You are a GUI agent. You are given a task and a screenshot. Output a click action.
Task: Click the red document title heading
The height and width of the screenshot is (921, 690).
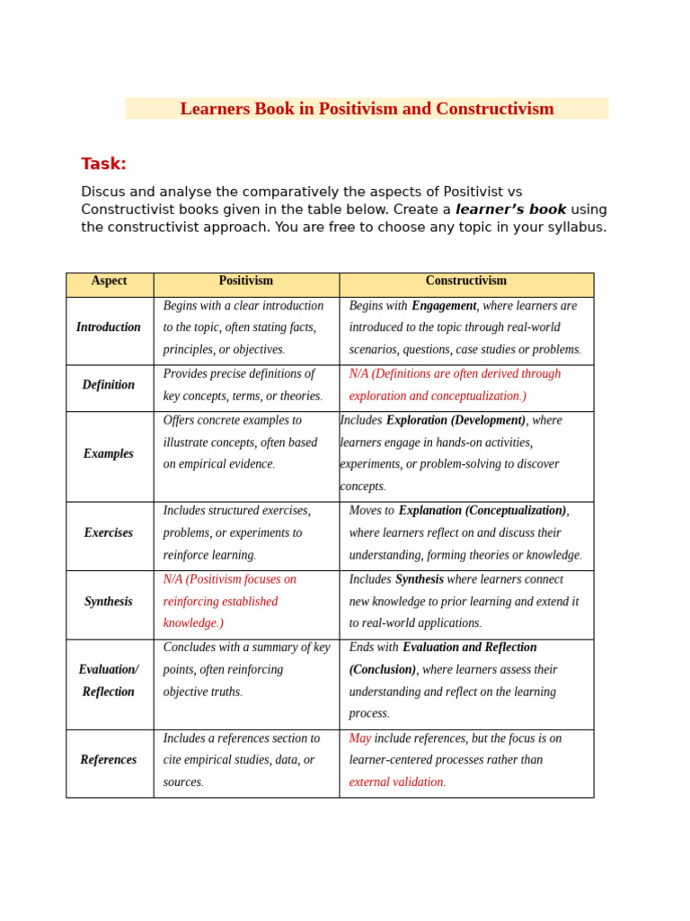pyautogui.click(x=367, y=109)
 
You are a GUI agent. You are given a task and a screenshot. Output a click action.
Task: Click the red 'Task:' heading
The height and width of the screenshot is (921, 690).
pyautogui.click(x=103, y=164)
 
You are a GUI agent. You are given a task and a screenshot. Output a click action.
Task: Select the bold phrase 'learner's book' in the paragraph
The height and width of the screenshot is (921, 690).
pyautogui.click(x=510, y=210)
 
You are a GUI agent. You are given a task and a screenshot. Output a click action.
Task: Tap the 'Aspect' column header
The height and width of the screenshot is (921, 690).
pyautogui.click(x=109, y=282)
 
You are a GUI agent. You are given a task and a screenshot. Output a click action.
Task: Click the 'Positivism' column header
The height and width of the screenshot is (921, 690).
pyautogui.click(x=245, y=282)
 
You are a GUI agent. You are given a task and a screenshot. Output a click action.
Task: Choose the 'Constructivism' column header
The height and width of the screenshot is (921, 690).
pyautogui.click(x=465, y=282)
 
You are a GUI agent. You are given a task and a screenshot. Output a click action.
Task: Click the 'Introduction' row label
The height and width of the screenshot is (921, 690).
pyautogui.click(x=109, y=327)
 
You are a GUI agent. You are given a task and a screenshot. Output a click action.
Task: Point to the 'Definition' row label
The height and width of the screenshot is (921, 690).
pyautogui.click(x=109, y=385)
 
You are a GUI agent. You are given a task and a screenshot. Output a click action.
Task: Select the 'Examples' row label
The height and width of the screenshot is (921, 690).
pyautogui.click(x=109, y=454)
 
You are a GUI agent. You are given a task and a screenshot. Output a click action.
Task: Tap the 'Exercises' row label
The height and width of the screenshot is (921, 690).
pyautogui.click(x=109, y=533)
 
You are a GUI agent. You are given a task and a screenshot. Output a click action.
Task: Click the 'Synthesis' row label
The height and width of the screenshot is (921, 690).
pyautogui.click(x=109, y=602)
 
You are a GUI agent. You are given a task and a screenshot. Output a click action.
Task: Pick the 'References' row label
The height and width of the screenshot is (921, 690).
pyautogui.click(x=109, y=760)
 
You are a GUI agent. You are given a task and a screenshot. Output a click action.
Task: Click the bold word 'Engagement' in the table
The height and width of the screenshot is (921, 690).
pyautogui.click(x=444, y=306)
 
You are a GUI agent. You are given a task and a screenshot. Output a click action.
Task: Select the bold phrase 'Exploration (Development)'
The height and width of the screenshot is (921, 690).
pyautogui.click(x=456, y=420)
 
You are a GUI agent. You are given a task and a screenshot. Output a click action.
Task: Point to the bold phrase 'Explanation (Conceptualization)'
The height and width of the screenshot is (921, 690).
pyautogui.click(x=482, y=511)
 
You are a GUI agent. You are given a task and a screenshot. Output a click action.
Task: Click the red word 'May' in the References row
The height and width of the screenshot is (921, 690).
pyautogui.click(x=359, y=738)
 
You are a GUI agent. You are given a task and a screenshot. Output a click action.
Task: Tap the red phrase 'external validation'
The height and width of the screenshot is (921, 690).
pyautogui.click(x=395, y=782)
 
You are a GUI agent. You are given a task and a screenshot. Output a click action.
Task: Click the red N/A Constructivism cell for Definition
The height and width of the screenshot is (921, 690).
pyautogui.click(x=454, y=385)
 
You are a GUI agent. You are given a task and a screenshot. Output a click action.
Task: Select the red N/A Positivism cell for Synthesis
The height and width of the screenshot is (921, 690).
pyautogui.click(x=229, y=602)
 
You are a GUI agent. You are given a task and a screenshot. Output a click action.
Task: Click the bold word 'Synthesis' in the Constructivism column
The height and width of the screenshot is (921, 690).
pyautogui.click(x=419, y=580)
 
